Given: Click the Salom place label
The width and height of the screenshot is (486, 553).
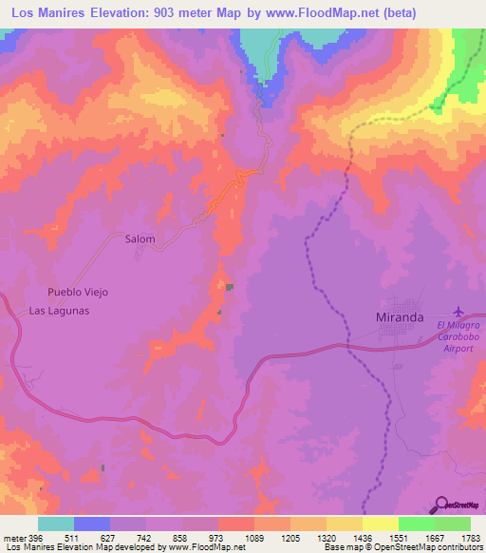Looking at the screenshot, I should [140, 239].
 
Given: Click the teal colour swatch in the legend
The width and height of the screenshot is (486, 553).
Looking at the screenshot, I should [56, 523].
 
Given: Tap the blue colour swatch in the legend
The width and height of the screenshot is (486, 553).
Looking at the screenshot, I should [92, 523].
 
